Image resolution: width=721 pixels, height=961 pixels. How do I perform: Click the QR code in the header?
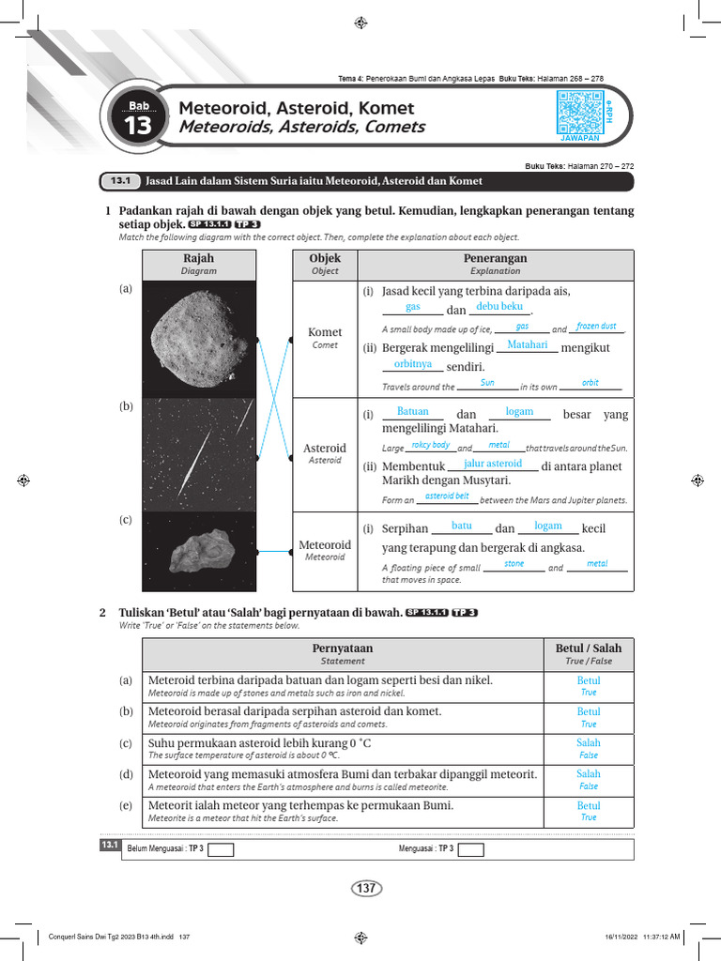pyautogui.click(x=579, y=113)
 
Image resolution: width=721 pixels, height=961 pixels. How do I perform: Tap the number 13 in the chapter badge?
pyautogui.click(x=137, y=128)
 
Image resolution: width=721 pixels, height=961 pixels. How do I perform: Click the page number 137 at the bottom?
pyautogui.click(x=365, y=888)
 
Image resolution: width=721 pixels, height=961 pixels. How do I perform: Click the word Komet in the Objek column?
pyautogui.click(x=325, y=332)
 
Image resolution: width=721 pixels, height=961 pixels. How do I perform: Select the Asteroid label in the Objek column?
pyautogui.click(x=325, y=449)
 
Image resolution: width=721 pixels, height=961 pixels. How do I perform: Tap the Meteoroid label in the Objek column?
pyautogui.click(x=325, y=545)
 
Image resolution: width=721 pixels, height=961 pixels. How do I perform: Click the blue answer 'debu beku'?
pyautogui.click(x=499, y=307)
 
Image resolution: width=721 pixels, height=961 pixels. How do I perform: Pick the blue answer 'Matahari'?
pyautogui.click(x=527, y=345)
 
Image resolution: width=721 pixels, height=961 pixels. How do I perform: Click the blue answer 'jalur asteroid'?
pyautogui.click(x=493, y=464)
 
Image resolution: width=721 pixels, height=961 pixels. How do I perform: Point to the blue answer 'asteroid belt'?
pyautogui.click(x=447, y=496)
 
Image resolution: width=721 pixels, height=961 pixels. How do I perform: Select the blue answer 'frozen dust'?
pyautogui.click(x=596, y=326)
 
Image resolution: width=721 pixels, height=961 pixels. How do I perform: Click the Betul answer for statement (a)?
pyautogui.click(x=589, y=680)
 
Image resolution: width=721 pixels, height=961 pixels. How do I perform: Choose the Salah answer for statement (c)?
pyautogui.click(x=589, y=742)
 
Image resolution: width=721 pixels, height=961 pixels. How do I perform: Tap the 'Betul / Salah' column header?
pyautogui.click(x=589, y=648)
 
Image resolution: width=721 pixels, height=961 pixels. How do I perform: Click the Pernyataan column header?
pyautogui.click(x=342, y=648)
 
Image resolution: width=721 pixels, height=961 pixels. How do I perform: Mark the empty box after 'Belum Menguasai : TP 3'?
pyautogui.click(x=221, y=849)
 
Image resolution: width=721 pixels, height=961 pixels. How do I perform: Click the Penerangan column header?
pyautogui.click(x=495, y=258)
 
